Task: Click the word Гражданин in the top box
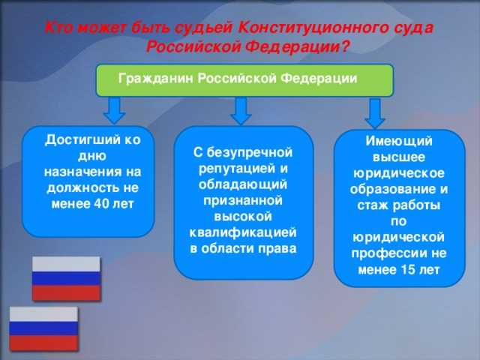click(156, 79)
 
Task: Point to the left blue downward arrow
click(113, 112)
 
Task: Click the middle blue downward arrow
click(240, 112)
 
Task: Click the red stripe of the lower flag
click(43, 343)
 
